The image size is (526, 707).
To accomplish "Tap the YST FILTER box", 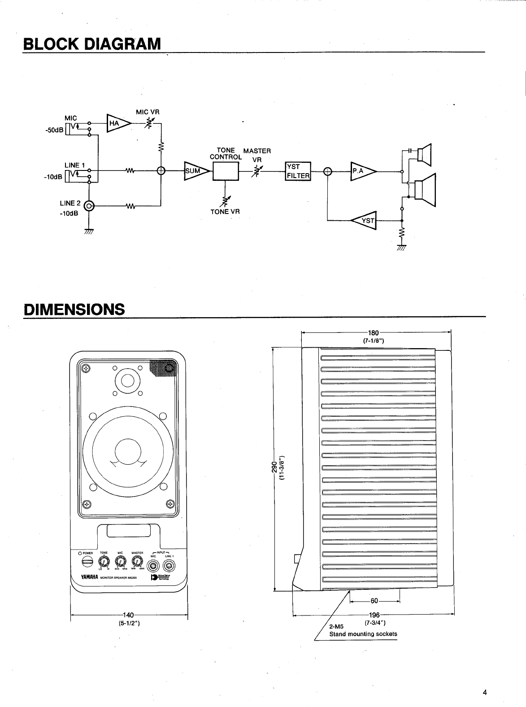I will (x=298, y=171).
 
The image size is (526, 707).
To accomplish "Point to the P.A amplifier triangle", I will (x=362, y=171).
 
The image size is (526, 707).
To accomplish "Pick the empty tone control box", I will (x=226, y=171).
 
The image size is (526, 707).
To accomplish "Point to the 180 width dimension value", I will (x=374, y=333).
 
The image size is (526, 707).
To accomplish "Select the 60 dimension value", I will (x=374, y=601).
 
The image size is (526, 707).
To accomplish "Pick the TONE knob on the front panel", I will (x=104, y=561).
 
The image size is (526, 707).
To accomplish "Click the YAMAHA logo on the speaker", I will (x=89, y=578).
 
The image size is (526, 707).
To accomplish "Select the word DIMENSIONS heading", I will (x=74, y=309).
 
